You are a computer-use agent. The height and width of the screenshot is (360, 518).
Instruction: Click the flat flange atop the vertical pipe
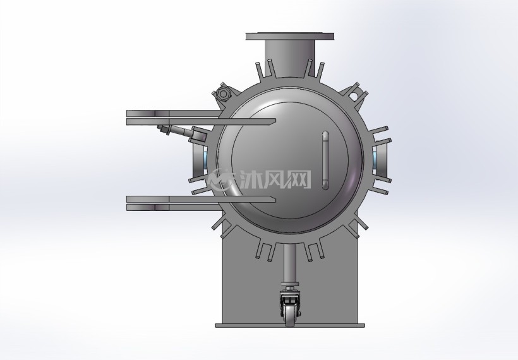[x=290, y=36]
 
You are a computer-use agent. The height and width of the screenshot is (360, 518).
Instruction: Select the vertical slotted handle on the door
[x=325, y=160]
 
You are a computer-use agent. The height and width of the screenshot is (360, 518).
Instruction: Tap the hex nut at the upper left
[x=222, y=94]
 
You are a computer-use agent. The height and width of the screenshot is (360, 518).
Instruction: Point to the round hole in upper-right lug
[x=354, y=96]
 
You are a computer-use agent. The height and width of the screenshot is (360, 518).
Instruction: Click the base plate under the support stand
[x=290, y=325]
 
